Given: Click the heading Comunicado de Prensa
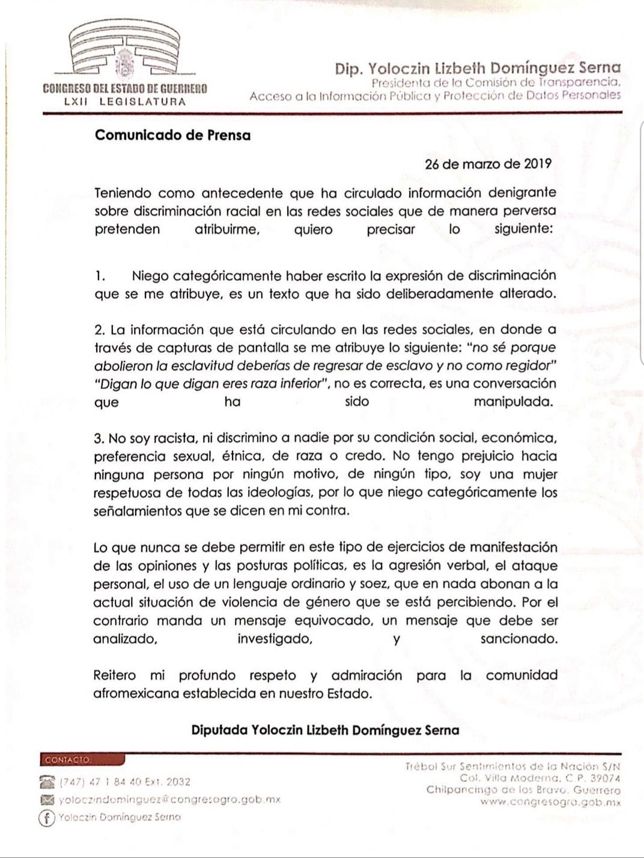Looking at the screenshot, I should tap(172, 135).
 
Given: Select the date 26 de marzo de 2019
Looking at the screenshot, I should tap(488, 164).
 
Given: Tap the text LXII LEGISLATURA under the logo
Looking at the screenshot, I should tap(125, 101).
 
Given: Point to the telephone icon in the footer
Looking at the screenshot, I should tap(47, 781).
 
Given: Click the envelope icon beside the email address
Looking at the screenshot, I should tap(47, 799).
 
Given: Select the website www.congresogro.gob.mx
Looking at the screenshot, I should tap(550, 802).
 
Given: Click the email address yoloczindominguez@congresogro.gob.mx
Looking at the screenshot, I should tap(169, 800).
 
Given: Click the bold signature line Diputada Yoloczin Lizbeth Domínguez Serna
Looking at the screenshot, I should tap(325, 730).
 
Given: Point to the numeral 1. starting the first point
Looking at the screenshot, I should tap(100, 276).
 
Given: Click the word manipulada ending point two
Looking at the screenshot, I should tap(513, 402).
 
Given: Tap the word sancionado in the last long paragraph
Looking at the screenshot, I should tap(518, 639).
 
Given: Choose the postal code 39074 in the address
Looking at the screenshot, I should tap(602, 778).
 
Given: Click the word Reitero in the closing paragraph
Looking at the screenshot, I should tap(115, 675).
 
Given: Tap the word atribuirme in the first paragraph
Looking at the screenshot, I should tap(227, 229).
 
